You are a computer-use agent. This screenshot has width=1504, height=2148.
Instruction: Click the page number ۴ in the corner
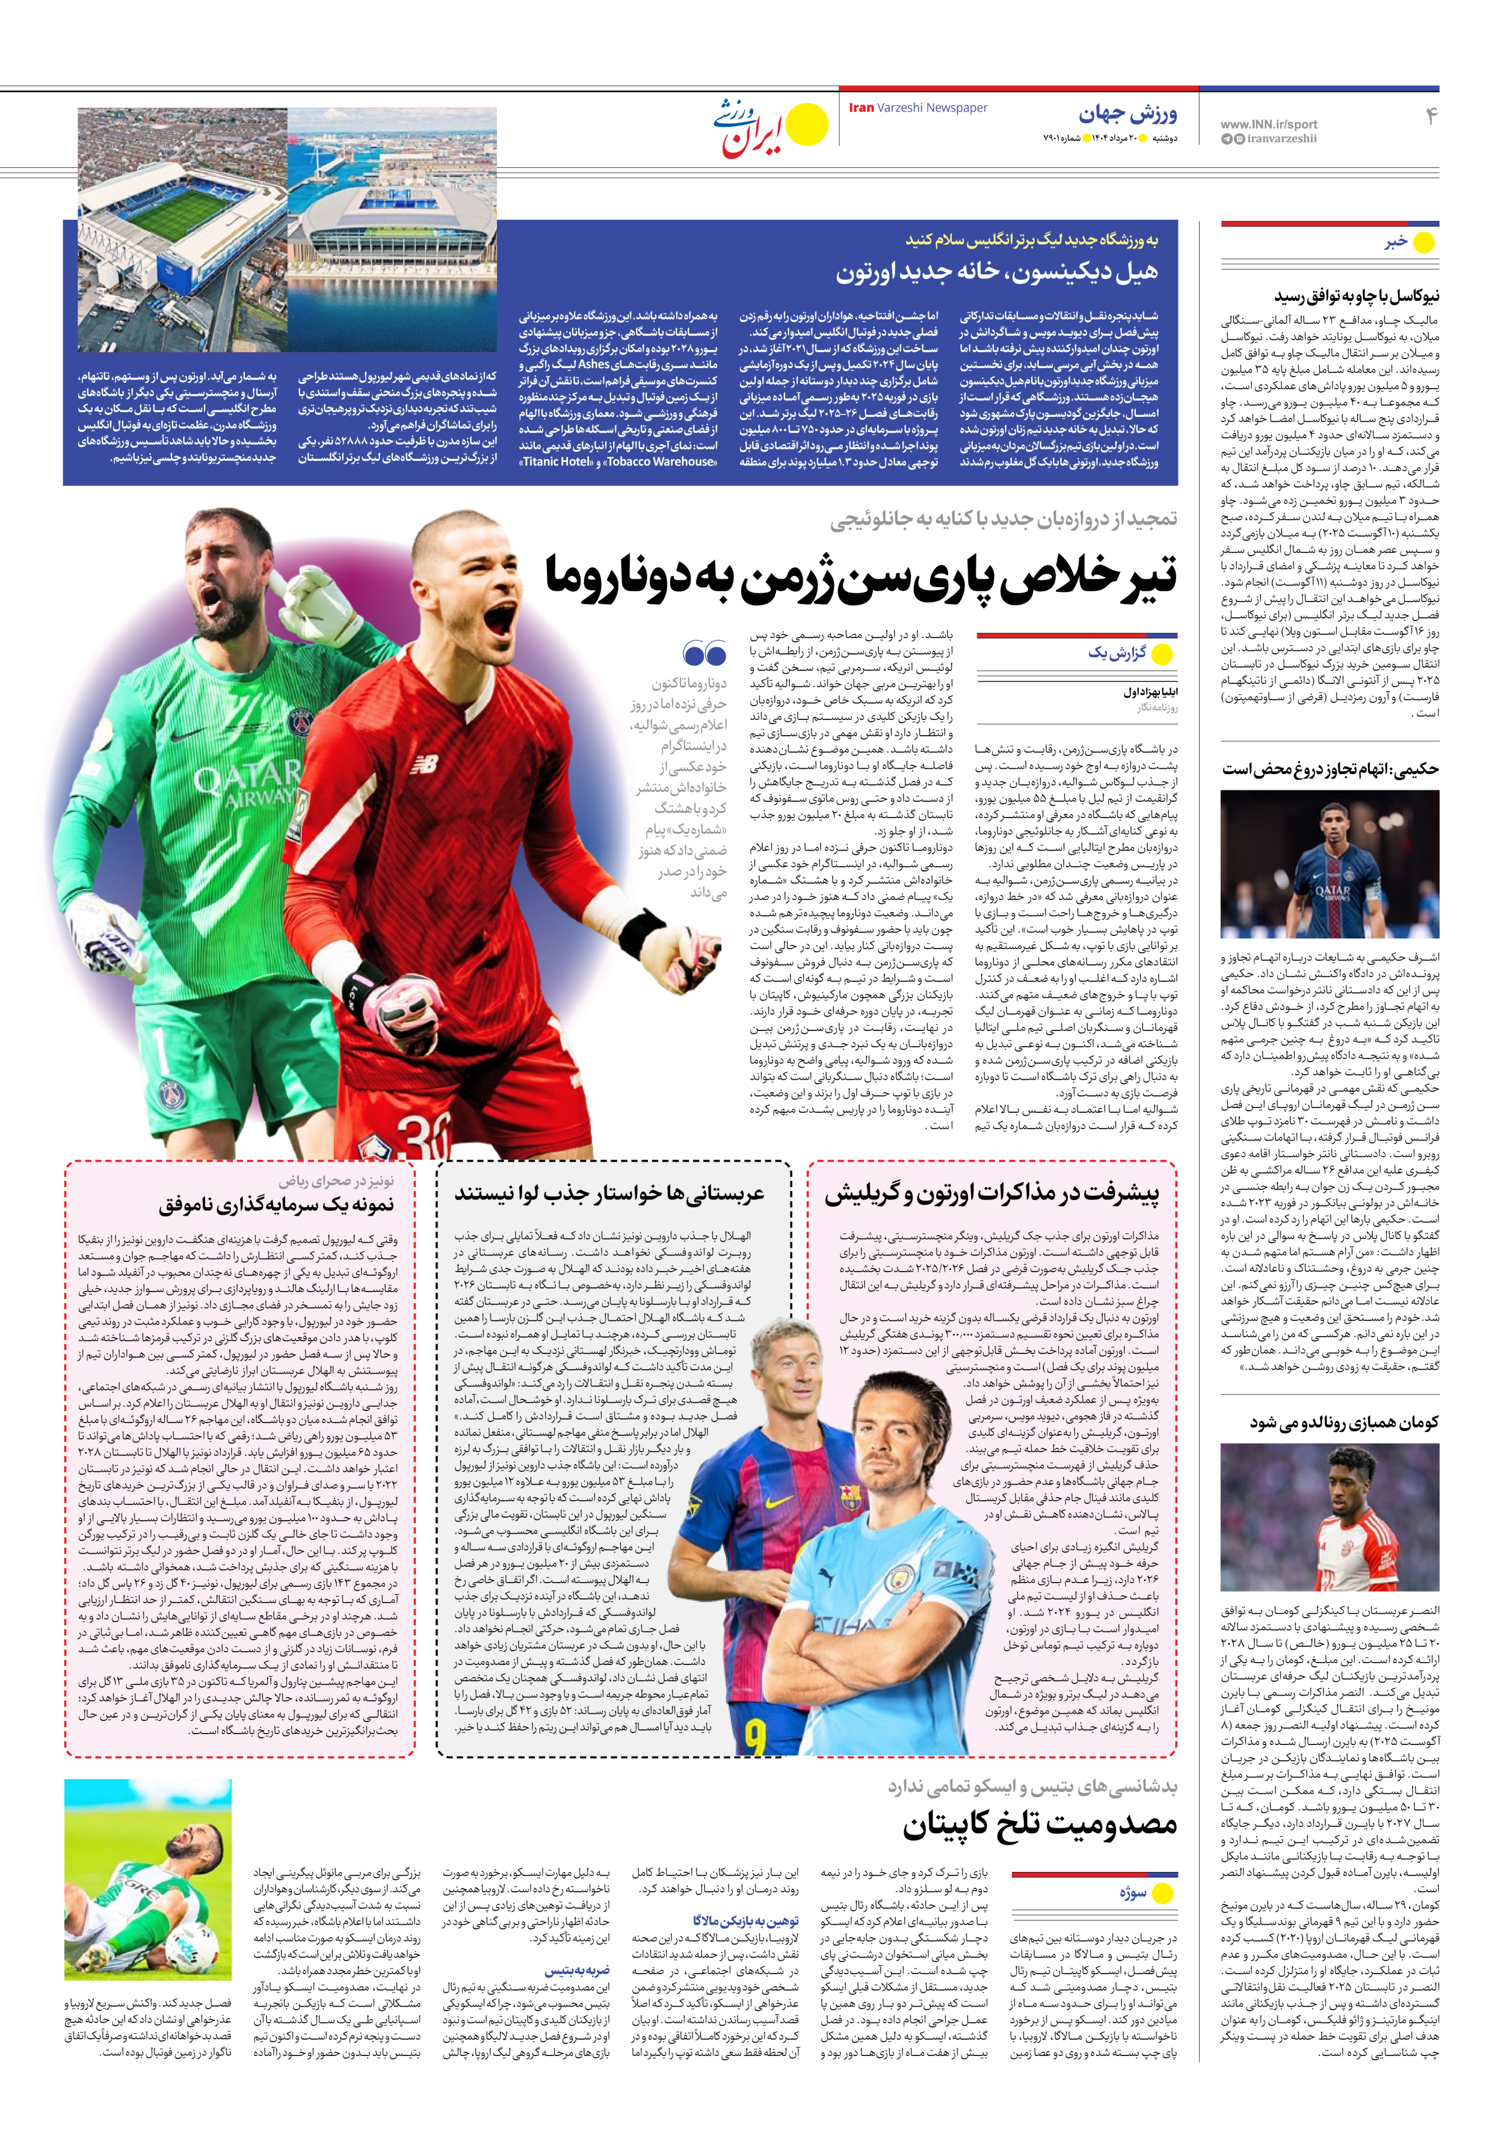(1430, 116)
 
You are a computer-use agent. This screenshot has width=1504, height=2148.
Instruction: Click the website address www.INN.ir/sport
(1268, 123)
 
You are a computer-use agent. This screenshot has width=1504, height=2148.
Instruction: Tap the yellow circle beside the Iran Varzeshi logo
(807, 125)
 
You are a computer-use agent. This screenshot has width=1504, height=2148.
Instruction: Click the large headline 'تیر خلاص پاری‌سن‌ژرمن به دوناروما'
(861, 577)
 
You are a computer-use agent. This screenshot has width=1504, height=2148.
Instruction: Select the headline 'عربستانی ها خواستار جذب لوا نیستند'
(609, 1194)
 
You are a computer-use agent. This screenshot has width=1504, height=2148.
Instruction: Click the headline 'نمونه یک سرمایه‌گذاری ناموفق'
(276, 1204)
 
